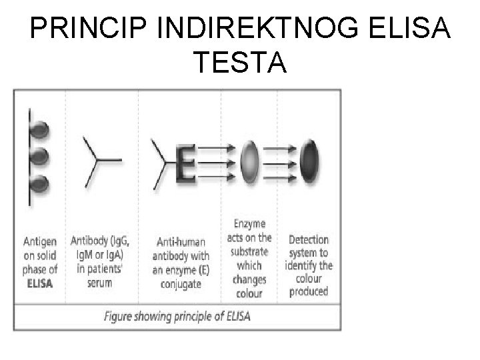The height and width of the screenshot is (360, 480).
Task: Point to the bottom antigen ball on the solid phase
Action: [x=41, y=182]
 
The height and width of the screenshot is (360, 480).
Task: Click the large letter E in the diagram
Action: [x=186, y=161]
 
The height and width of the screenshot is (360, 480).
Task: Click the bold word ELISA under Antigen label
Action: [x=40, y=283]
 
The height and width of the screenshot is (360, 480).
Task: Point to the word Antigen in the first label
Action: [x=40, y=241]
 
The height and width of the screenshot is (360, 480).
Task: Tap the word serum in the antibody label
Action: [x=99, y=283]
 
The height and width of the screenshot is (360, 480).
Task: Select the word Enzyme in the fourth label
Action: [x=250, y=224]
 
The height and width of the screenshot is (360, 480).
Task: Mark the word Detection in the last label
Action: [x=309, y=239]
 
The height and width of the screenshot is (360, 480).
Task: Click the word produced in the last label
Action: [x=309, y=292]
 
